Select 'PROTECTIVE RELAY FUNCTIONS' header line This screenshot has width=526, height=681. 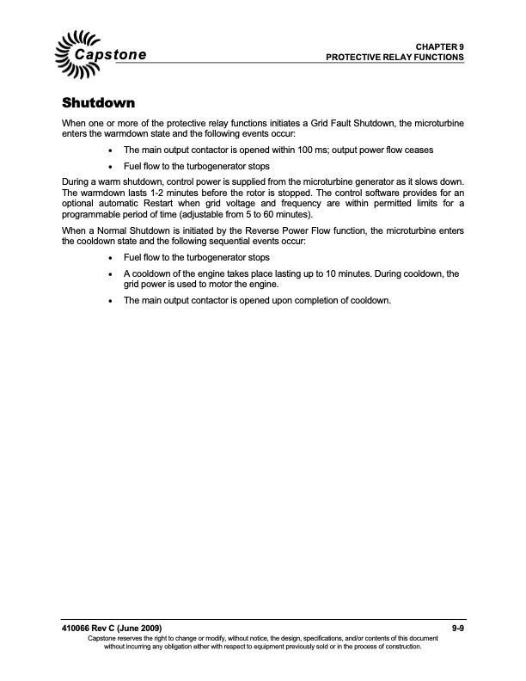[x=395, y=57]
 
